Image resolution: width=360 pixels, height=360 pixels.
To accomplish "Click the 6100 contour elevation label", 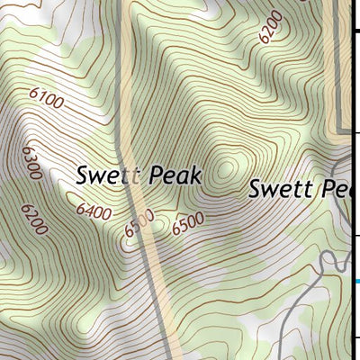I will click(x=46, y=100).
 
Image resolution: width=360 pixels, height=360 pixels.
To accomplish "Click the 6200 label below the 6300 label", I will click(x=33, y=219).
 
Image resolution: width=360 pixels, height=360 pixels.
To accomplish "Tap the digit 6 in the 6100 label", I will click(x=34, y=94).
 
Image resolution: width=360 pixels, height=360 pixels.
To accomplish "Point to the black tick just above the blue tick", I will click(x=355, y=237).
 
